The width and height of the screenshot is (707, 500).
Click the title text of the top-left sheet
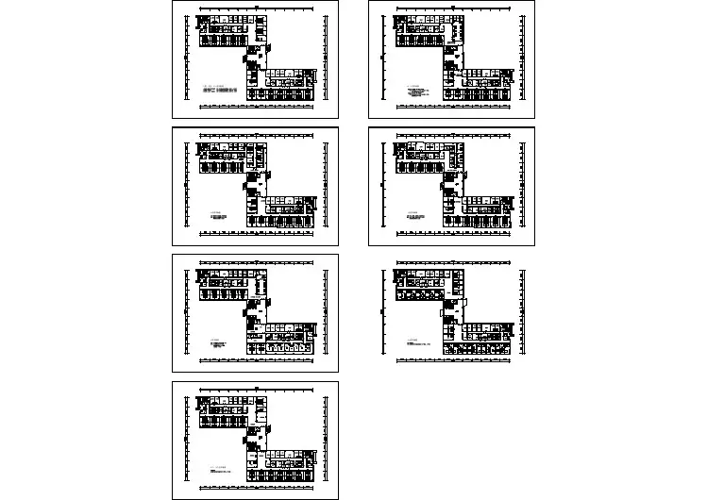click(222, 91)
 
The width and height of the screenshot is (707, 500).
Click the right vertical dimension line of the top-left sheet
click(321, 58)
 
